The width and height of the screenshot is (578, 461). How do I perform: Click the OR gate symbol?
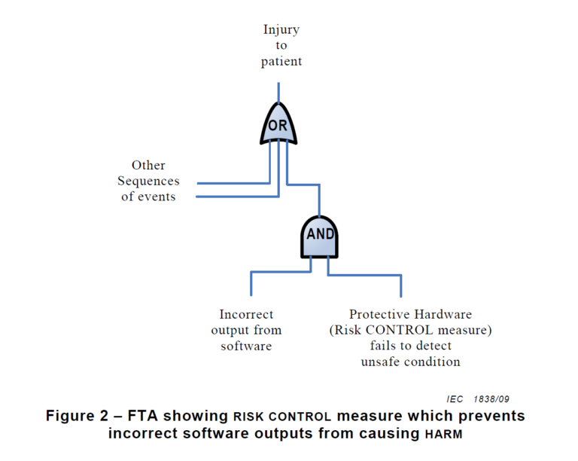click(x=278, y=125)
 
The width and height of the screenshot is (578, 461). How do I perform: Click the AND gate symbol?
click(x=320, y=234)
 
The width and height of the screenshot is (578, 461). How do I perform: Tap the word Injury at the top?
click(x=281, y=30)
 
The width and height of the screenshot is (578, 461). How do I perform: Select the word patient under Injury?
click(x=281, y=62)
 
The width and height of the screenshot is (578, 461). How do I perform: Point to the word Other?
click(x=148, y=165)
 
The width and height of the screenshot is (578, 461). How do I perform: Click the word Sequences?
click(x=148, y=181)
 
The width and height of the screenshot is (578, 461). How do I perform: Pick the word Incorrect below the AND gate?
click(x=246, y=314)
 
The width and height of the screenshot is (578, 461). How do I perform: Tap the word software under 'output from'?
click(x=246, y=346)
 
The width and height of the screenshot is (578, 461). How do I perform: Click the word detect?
click(x=433, y=346)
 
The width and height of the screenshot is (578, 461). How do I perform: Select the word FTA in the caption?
click(x=143, y=416)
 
